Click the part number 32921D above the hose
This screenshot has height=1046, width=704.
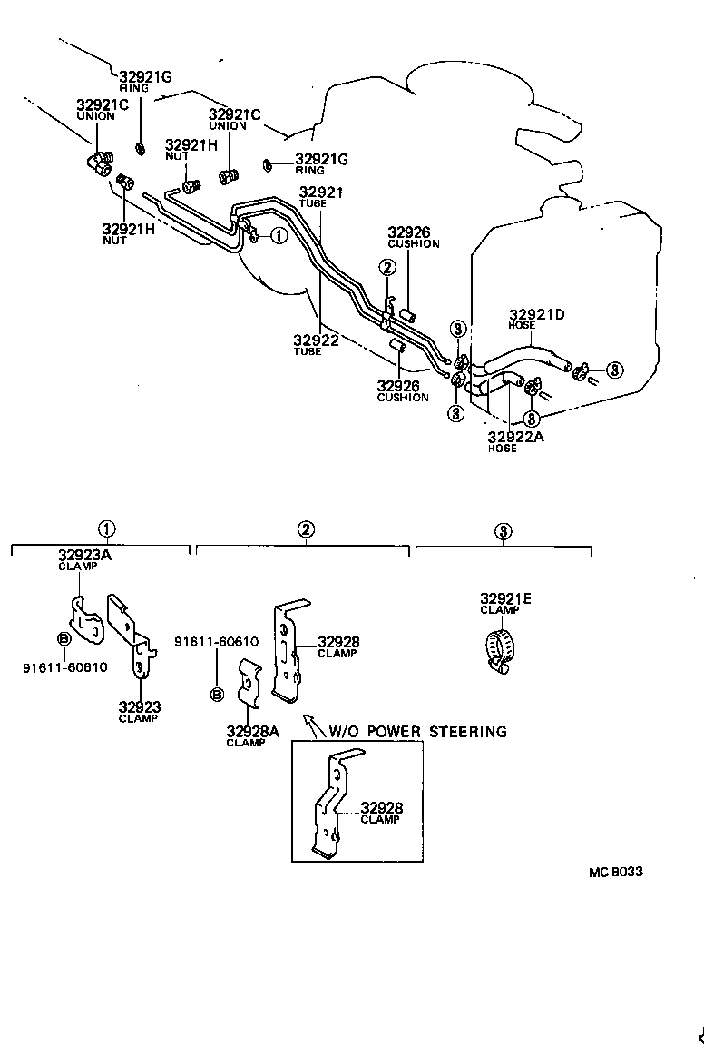point(537,314)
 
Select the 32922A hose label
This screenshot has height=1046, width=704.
point(513,437)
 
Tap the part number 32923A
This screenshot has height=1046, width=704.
point(84,556)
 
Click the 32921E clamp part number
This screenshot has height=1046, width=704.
point(505,598)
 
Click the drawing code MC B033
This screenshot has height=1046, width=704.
point(615,872)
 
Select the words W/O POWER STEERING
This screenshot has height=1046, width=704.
point(417,731)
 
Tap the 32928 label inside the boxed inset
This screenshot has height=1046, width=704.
point(382,807)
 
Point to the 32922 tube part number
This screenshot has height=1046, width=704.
point(316,340)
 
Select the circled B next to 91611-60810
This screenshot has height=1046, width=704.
point(64,639)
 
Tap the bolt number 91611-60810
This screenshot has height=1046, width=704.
point(65,667)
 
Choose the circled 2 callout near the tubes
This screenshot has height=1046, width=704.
point(387,267)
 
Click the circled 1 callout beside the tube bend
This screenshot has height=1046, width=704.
point(279,235)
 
